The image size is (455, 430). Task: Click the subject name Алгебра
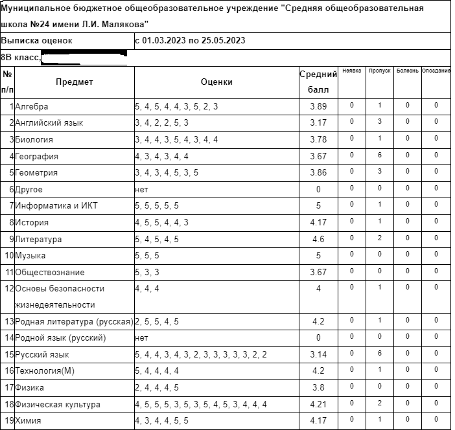click(31, 106)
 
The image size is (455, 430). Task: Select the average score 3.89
click(318, 106)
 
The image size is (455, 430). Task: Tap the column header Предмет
click(74, 82)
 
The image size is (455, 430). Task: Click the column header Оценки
click(216, 82)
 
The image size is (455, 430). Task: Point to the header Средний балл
click(318, 82)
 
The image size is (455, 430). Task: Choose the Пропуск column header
click(379, 71)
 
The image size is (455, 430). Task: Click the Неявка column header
click(351, 71)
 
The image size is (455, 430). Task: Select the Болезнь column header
click(407, 71)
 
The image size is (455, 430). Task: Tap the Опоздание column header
click(436, 71)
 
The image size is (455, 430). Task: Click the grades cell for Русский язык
click(200, 355)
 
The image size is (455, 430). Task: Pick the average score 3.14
click(318, 355)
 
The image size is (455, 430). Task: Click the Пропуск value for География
click(379, 155)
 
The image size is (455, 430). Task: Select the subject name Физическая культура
click(58, 405)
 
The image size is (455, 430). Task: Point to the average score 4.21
click(318, 405)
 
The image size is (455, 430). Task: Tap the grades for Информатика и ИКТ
click(157, 206)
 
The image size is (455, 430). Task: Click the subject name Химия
click(28, 422)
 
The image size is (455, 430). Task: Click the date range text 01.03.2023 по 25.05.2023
click(189, 41)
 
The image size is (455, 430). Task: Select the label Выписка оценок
click(36, 41)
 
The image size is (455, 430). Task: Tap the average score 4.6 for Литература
click(318, 239)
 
